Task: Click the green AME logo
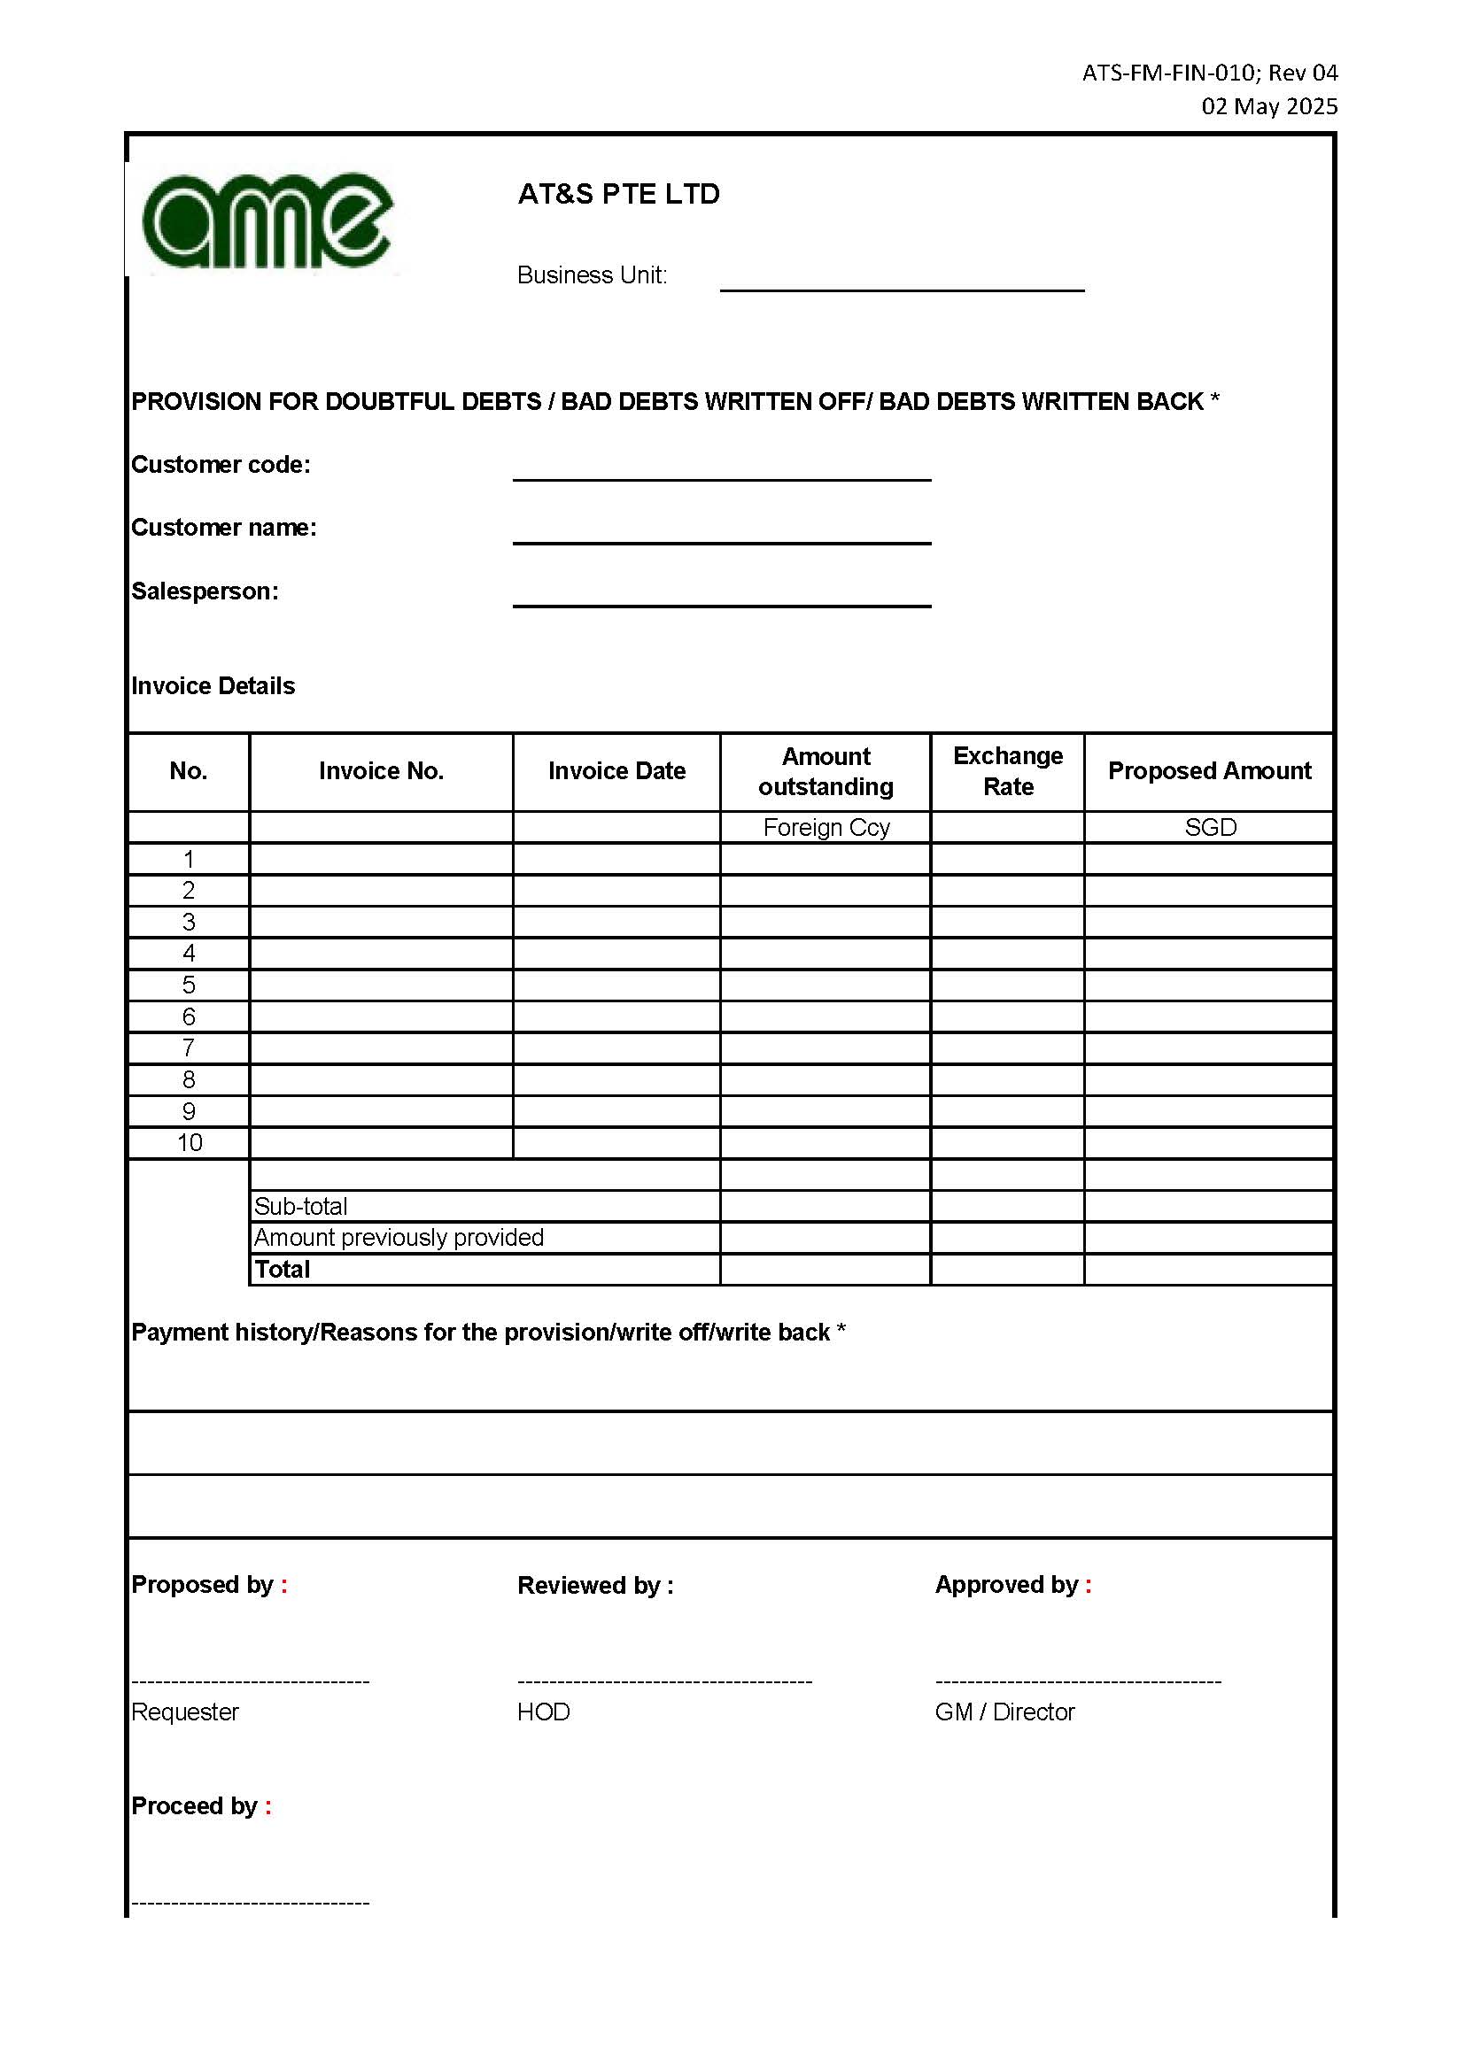pyautogui.click(x=267, y=220)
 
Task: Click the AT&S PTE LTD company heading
pyautogui.click(x=618, y=194)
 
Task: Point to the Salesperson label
pyautogui.click(x=205, y=591)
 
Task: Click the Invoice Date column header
pyautogui.click(x=616, y=771)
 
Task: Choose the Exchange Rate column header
pyautogui.click(x=1008, y=771)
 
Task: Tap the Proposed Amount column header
pyautogui.click(x=1209, y=771)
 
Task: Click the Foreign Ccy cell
pyautogui.click(x=826, y=827)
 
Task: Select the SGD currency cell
pyautogui.click(x=1210, y=827)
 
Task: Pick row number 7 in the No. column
pyautogui.click(x=189, y=1048)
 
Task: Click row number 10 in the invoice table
pyautogui.click(x=190, y=1143)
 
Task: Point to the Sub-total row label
pyautogui.click(x=300, y=1206)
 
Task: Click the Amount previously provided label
pyautogui.click(x=399, y=1238)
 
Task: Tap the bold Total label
pyautogui.click(x=283, y=1269)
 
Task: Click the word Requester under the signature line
pyautogui.click(x=185, y=1712)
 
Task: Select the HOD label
pyautogui.click(x=543, y=1712)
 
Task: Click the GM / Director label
pyautogui.click(x=1005, y=1712)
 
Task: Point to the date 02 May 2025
pyautogui.click(x=1268, y=106)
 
